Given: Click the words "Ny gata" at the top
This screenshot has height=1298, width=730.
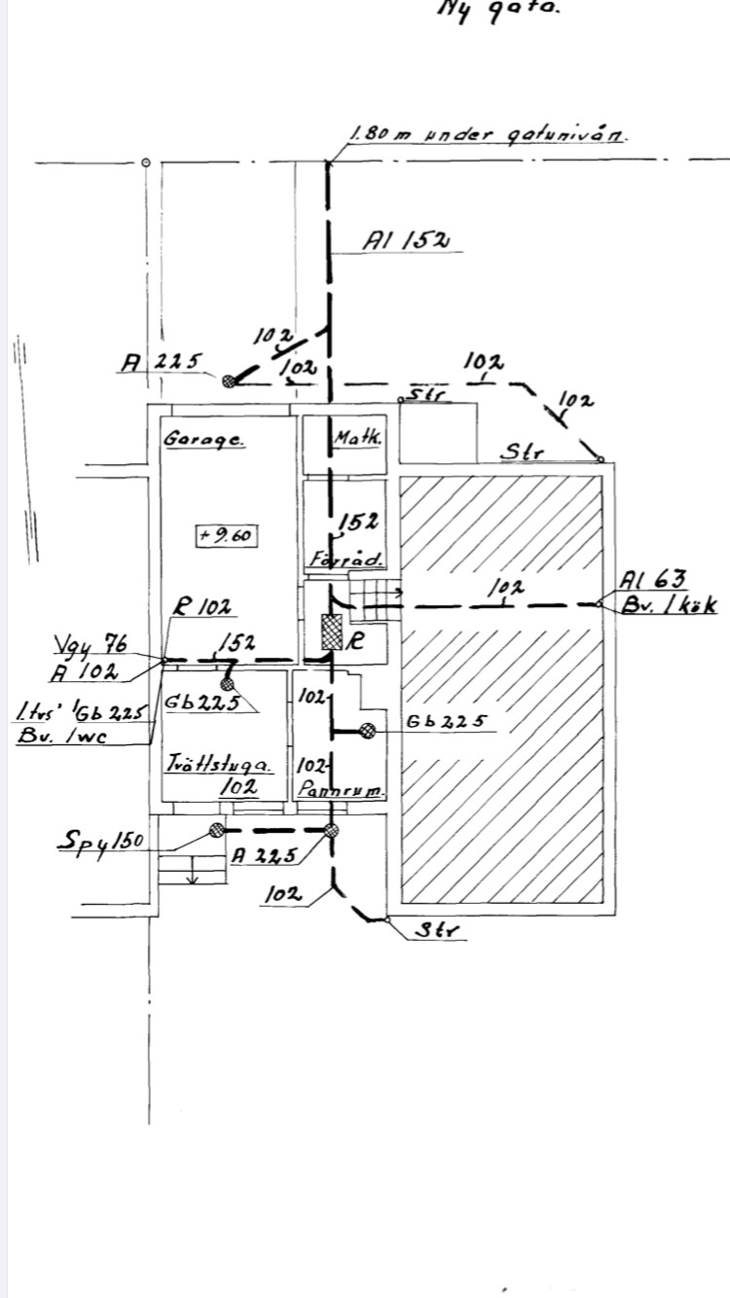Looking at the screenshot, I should tap(498, 10).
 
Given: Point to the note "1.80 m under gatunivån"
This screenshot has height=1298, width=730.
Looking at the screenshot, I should tap(487, 135).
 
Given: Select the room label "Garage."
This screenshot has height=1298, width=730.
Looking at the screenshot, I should tap(204, 439).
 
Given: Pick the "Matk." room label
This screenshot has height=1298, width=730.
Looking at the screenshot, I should tap(358, 439).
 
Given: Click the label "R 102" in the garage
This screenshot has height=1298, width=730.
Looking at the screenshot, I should tap(202, 608).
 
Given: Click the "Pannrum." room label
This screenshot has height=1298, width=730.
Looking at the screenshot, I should tap(343, 791).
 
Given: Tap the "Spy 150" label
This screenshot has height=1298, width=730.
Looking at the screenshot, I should tap(99, 840).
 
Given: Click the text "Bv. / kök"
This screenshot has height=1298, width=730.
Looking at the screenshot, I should tap(669, 605).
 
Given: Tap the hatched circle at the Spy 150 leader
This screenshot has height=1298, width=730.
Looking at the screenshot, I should tap(216, 830).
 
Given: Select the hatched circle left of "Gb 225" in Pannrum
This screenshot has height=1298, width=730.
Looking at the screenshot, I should tap(368, 732).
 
